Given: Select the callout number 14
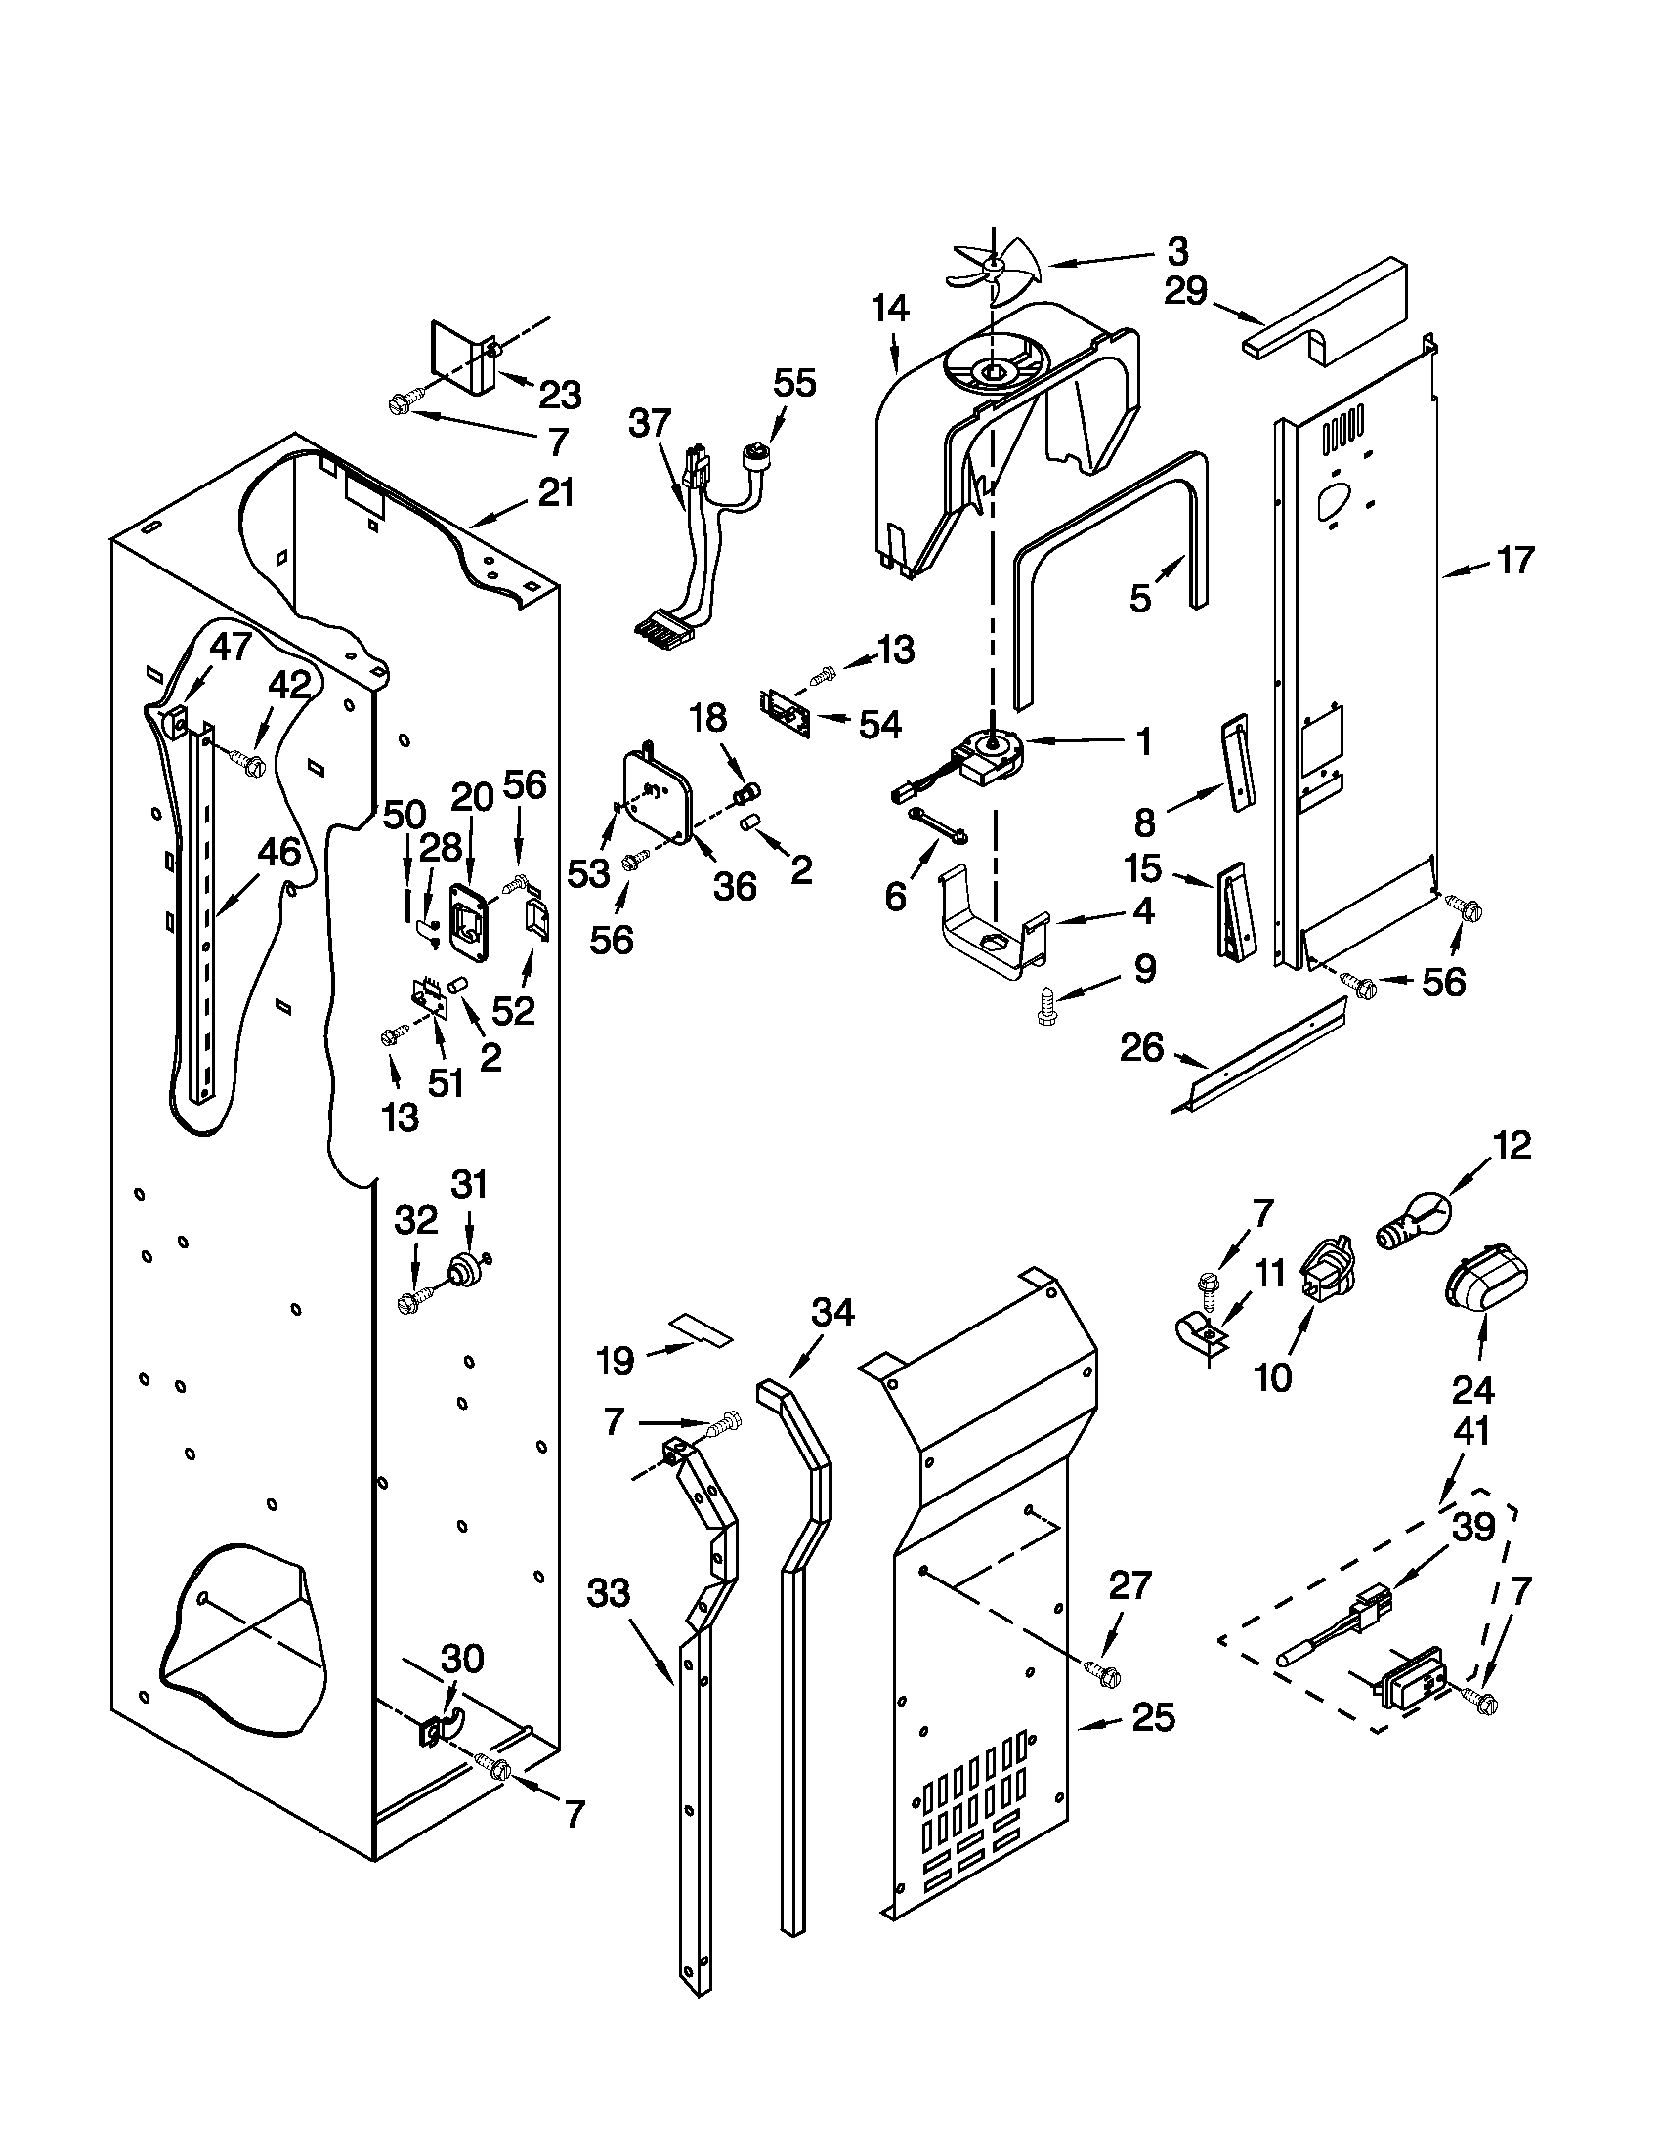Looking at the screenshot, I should [x=889, y=309].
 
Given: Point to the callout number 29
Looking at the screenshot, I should [x=1185, y=291].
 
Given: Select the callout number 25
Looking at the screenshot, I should [x=1152, y=1717].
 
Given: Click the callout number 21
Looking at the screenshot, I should [x=555, y=491].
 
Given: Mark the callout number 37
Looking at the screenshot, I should [x=650, y=424].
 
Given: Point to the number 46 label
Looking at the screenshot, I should [x=279, y=852].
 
